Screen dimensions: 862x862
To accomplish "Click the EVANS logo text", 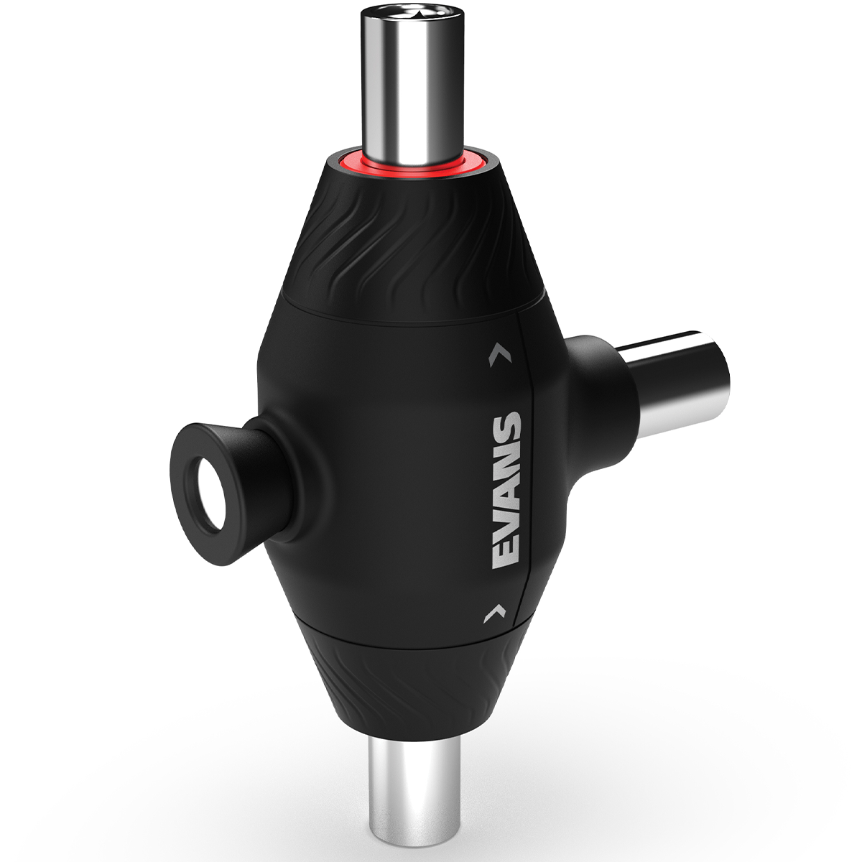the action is point(507,491).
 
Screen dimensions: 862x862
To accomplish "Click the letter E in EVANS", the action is point(506,555).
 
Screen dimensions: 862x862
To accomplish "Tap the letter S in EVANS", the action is point(507,427).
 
